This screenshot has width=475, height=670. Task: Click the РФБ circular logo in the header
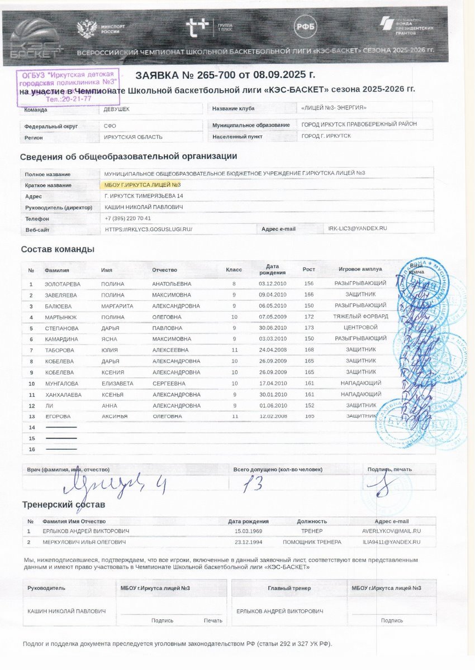pos(305,26)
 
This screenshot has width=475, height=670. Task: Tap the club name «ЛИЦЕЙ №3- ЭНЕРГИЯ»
pos(334,108)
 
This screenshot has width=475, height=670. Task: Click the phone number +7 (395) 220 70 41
pos(128,218)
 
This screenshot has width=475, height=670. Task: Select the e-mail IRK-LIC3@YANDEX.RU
pos(358,228)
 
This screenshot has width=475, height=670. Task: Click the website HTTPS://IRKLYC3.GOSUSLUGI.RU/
pos(148,229)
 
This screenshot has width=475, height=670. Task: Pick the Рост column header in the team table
pos(308,270)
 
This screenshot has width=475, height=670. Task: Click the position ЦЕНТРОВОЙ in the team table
pos(360,327)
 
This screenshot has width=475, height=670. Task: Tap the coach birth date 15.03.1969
pos(249,531)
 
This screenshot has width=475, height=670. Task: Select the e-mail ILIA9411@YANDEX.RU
pos(391,542)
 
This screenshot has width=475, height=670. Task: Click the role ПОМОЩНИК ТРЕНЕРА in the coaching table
pos(312,542)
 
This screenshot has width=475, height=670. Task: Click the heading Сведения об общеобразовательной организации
pos(129,156)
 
